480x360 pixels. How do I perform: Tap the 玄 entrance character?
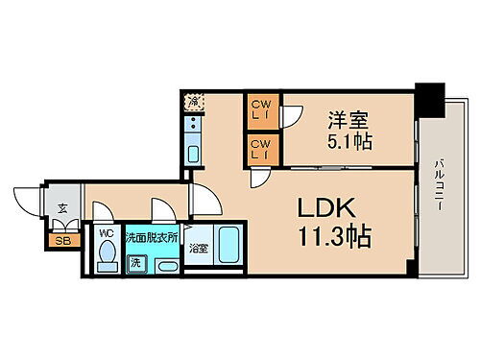pyautogui.click(x=61, y=208)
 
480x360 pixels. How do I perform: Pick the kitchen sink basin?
pyautogui.click(x=194, y=154)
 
